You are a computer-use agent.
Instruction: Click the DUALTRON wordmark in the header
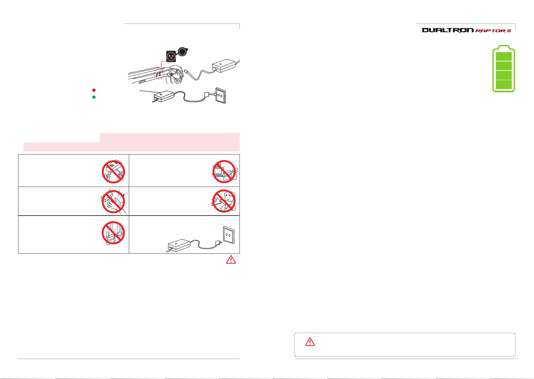[448, 30]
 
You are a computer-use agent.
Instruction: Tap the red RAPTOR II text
[493, 31]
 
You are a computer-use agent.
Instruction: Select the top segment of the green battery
[504, 57]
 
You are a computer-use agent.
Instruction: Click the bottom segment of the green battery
[504, 84]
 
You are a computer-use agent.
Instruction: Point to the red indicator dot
[94, 90]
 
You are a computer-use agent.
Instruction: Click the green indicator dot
[94, 97]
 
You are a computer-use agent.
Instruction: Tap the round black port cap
[183, 52]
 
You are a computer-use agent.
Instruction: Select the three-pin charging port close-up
[171, 56]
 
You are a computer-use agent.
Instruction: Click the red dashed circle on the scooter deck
[159, 74]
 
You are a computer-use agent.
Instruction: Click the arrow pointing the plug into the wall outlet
[214, 94]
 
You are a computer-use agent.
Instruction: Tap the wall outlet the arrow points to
[221, 95]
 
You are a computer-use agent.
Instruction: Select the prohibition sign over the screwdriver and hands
[114, 172]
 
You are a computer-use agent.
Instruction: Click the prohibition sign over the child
[224, 201]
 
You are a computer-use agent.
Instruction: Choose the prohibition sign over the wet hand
[114, 202]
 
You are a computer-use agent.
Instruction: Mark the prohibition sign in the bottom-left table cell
[113, 233]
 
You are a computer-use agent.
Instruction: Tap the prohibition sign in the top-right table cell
[224, 172]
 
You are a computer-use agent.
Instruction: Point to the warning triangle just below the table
[231, 259]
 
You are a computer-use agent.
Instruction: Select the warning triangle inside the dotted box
[310, 342]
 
